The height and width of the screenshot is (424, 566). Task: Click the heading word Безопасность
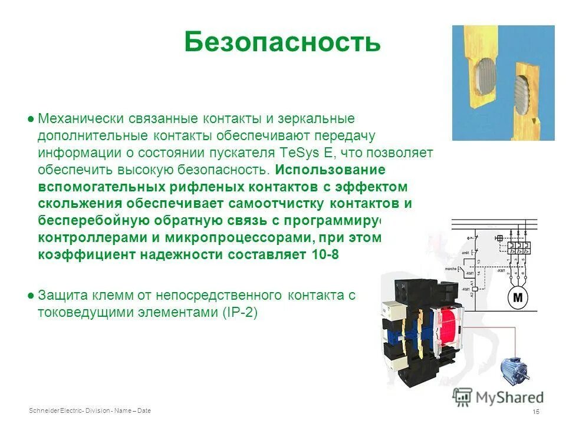point(282,42)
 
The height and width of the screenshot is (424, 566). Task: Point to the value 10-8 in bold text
point(324,255)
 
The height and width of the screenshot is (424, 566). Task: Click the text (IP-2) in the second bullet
point(240,313)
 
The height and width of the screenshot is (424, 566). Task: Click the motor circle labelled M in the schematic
point(518,297)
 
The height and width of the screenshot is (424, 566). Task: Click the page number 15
point(536,411)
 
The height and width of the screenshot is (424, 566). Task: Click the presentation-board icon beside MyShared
point(463,396)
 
